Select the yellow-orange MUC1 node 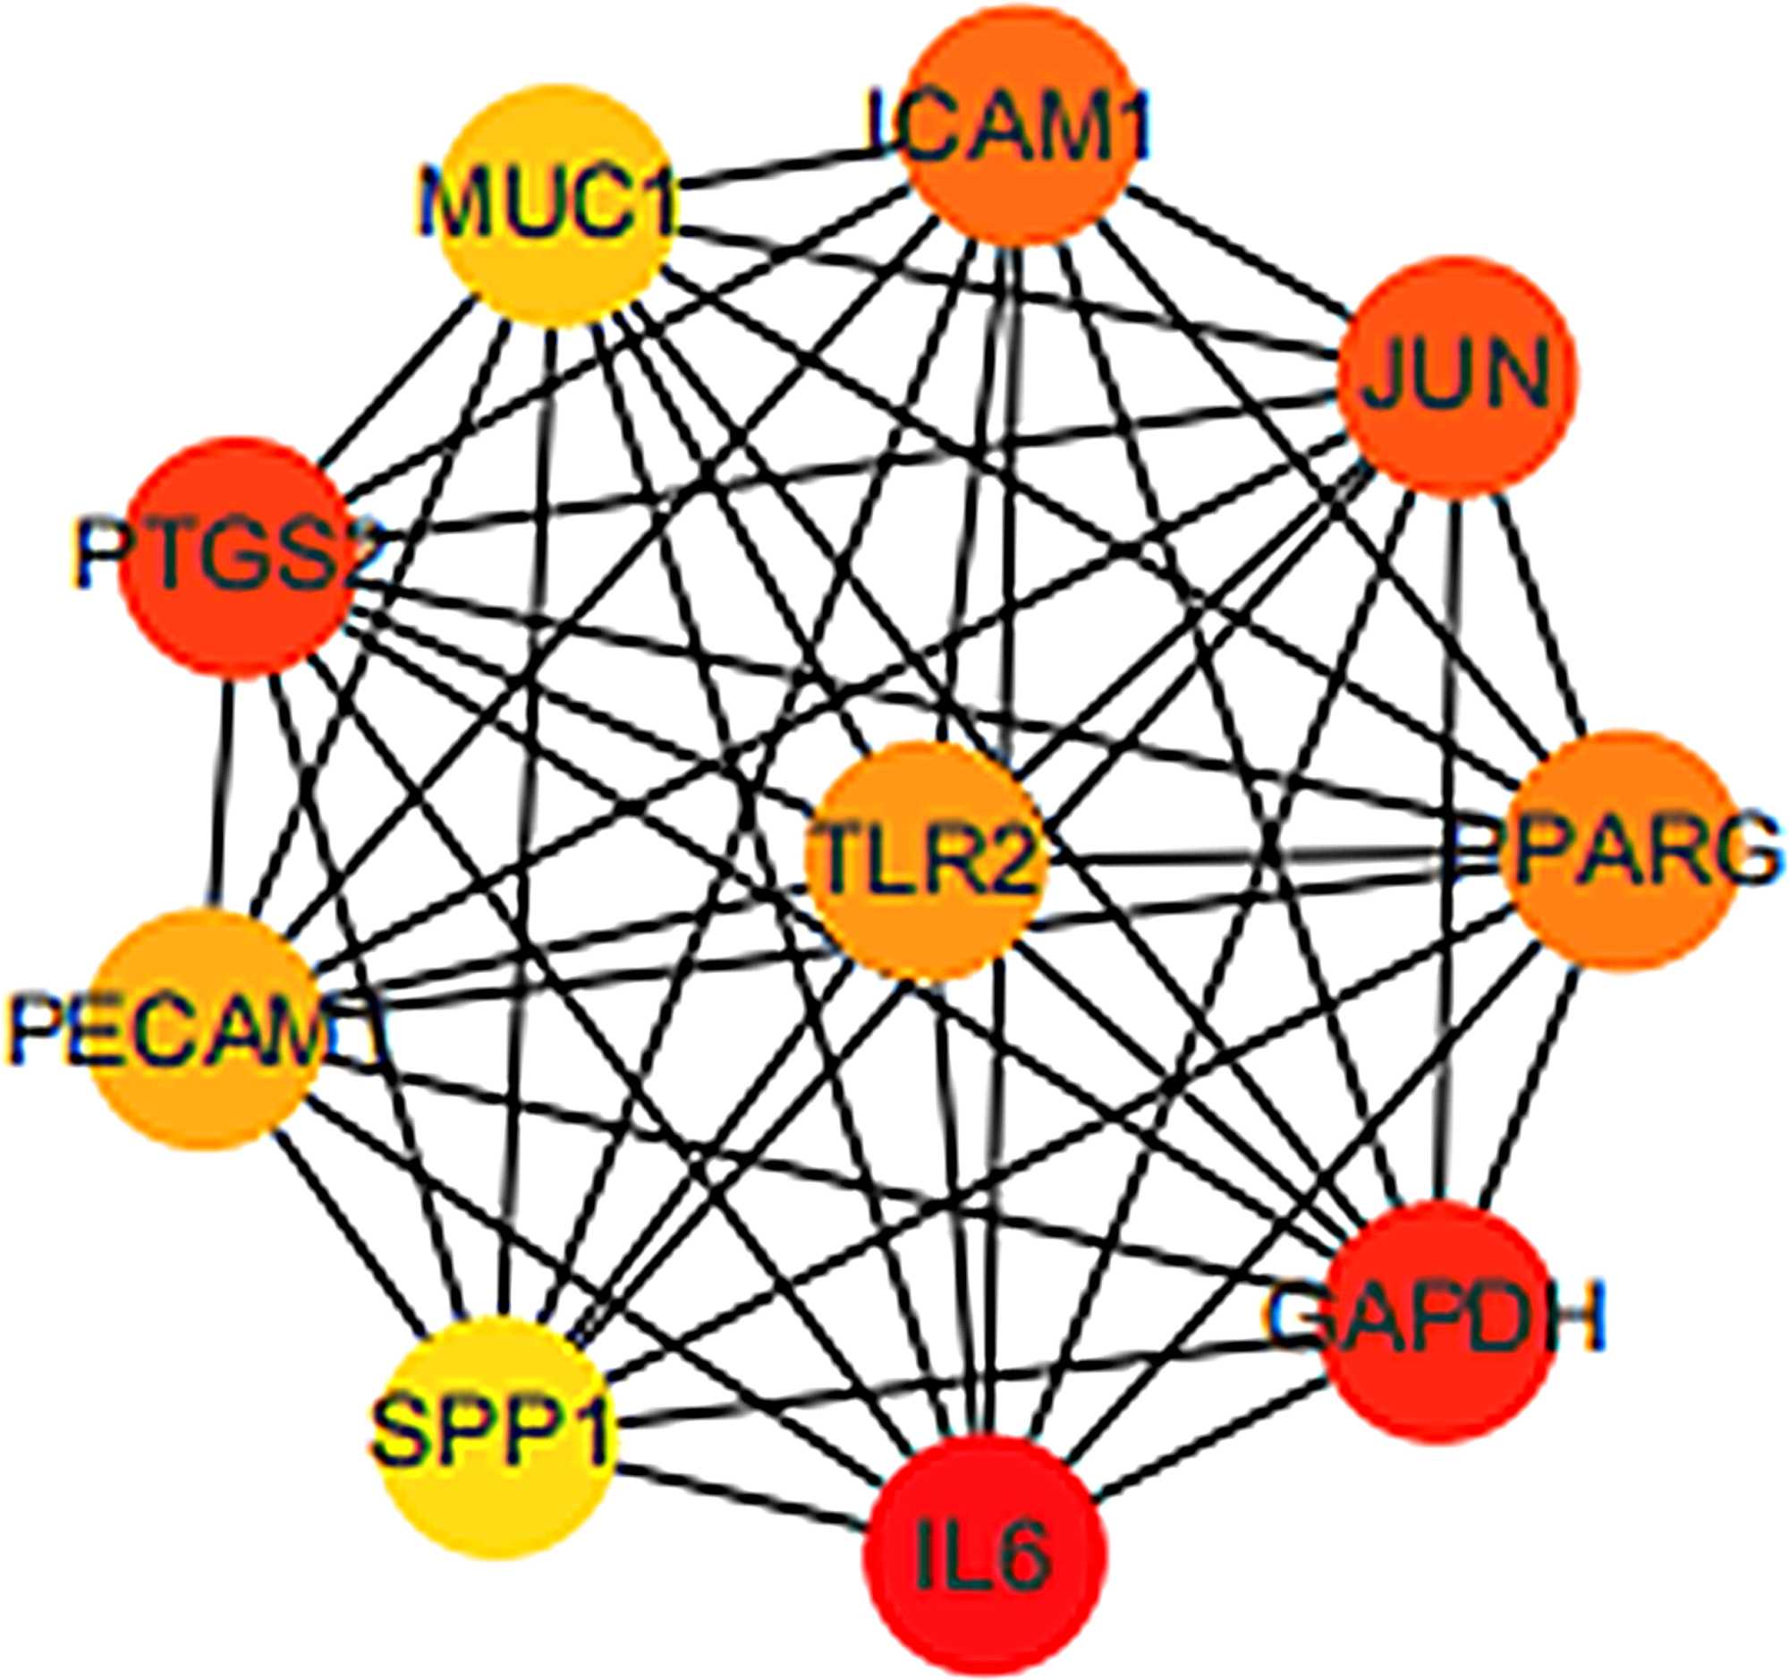pos(550,205)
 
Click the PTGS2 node pos(236,559)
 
